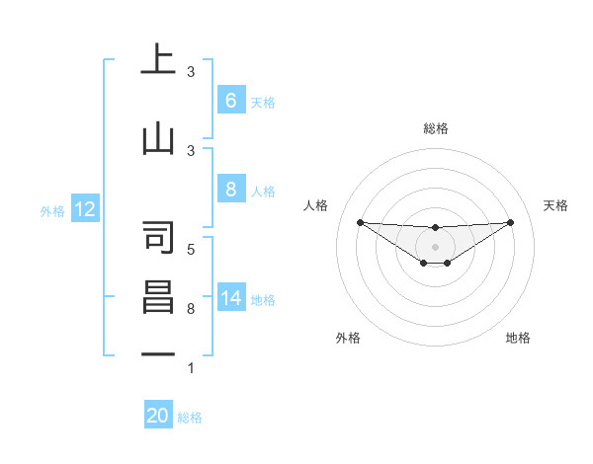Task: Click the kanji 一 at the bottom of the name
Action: click(158, 353)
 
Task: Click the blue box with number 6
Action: click(230, 101)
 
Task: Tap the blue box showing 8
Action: click(230, 189)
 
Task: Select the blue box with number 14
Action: click(230, 299)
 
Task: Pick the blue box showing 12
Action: click(84, 209)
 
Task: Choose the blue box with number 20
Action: click(158, 417)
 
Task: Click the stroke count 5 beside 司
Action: click(191, 249)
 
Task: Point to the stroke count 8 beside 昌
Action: click(191, 309)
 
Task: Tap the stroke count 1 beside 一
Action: click(191, 368)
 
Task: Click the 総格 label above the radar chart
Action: click(435, 128)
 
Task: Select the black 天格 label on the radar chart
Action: click(555, 205)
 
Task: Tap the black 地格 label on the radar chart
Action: click(518, 338)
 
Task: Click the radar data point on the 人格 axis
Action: click(360, 222)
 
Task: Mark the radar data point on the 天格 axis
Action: click(510, 222)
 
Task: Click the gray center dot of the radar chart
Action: click(435, 246)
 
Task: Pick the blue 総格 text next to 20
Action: click(190, 418)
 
